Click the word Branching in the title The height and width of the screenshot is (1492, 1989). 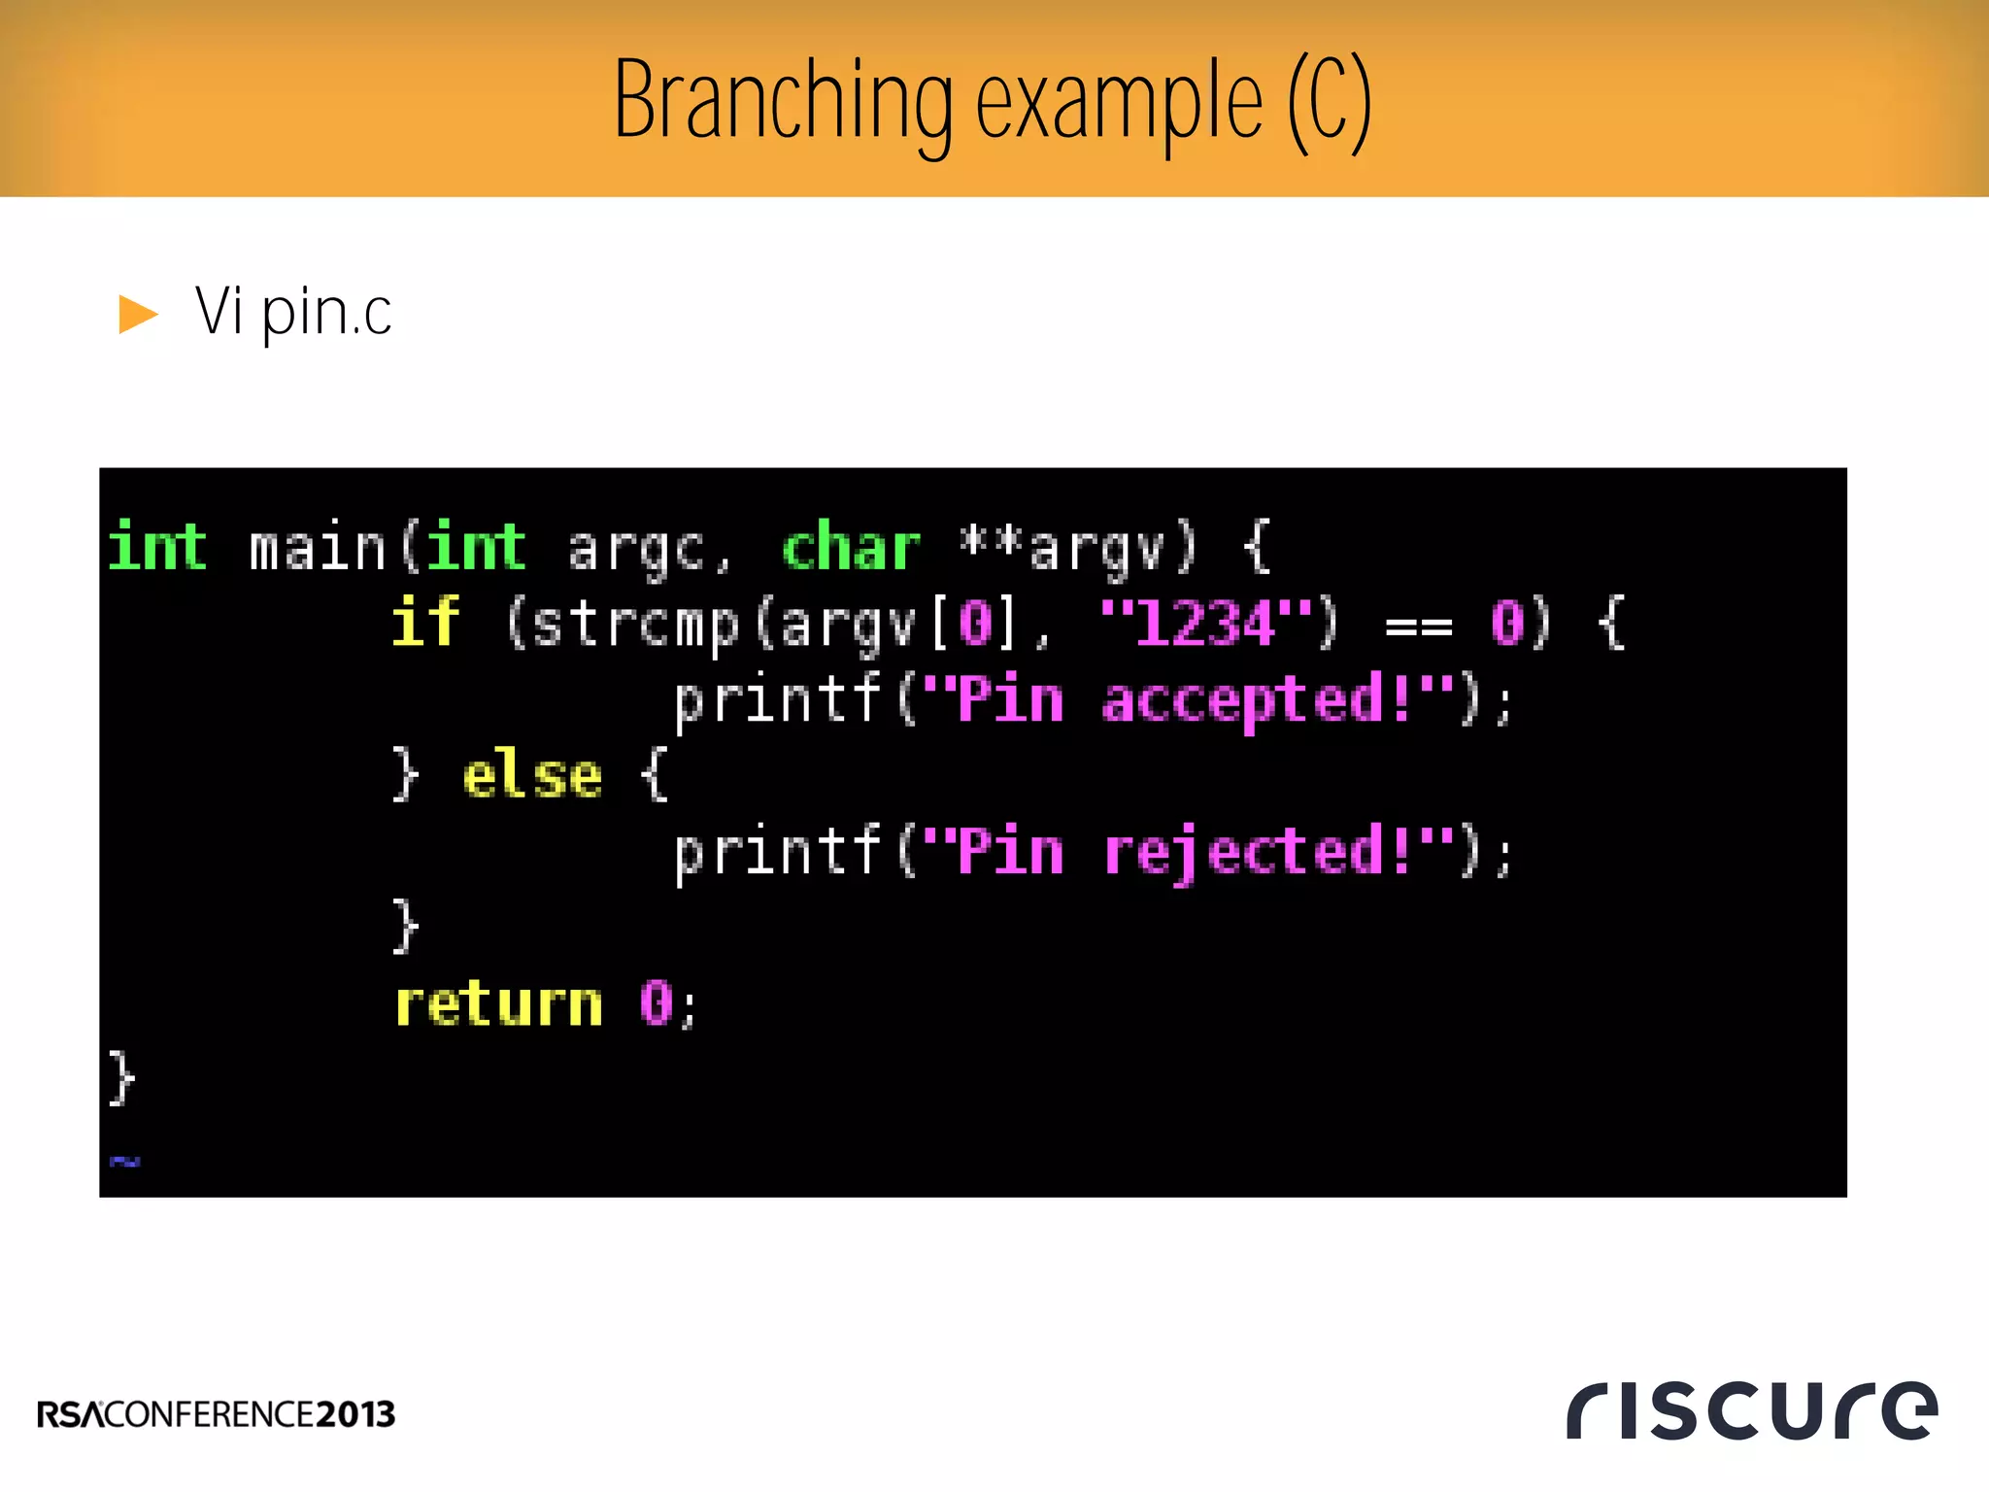click(783, 101)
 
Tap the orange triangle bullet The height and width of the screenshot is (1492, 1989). click(137, 314)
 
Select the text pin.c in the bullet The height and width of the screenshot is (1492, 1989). click(326, 314)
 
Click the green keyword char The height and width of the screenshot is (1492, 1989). click(851, 547)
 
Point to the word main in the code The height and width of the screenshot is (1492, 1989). click(317, 547)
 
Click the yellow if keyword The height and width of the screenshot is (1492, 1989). click(424, 622)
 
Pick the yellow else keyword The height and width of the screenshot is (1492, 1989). click(531, 776)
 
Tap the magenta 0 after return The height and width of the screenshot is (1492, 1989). click(657, 1003)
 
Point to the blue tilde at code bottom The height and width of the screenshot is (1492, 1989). click(124, 1160)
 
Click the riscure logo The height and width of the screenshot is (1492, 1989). click(1751, 1409)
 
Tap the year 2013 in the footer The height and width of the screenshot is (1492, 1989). click(355, 1414)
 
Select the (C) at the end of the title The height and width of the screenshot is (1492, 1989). click(1329, 101)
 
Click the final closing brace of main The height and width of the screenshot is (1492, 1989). click(120, 1077)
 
